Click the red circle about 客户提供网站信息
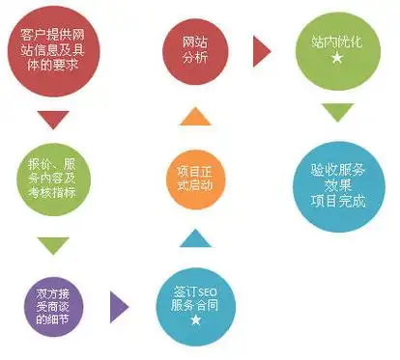pos(55,49)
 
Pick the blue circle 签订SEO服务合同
pos(196,303)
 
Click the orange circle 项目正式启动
pos(195,178)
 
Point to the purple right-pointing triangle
pos(119,304)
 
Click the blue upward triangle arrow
pos(195,237)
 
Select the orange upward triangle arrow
pos(195,117)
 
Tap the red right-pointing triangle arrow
pos(261,51)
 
